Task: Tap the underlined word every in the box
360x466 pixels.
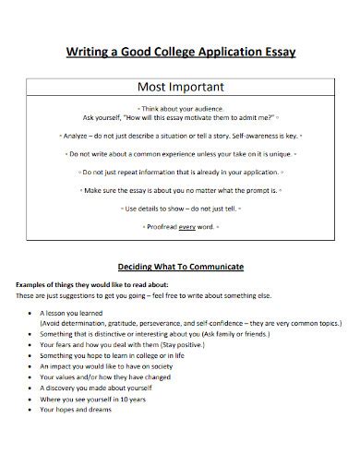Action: (188, 226)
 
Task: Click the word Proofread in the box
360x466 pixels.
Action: (162, 226)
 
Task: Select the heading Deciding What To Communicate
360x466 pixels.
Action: (181, 266)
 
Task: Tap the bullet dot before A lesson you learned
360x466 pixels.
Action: (31, 313)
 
